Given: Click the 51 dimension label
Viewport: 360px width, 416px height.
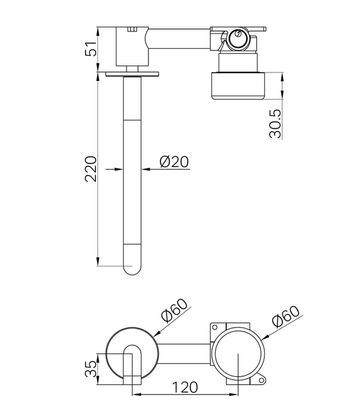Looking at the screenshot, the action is coord(91,49).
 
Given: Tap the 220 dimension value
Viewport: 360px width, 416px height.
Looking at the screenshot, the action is coord(91,169).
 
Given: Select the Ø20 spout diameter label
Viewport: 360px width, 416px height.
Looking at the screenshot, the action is coord(174,162).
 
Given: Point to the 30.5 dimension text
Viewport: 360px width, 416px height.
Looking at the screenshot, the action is coord(275,124).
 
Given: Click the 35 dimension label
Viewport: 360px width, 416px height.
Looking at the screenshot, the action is coord(91,369).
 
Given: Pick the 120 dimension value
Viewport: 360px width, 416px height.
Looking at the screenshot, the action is coord(185,387).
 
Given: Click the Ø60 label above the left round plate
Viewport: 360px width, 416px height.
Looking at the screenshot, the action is coord(174,310).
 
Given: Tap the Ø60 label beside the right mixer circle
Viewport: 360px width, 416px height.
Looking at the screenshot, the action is coord(286,316).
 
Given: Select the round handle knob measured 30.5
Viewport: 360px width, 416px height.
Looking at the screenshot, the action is coord(238,86).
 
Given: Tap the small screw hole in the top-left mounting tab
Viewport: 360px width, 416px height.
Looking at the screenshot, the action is coord(215,327).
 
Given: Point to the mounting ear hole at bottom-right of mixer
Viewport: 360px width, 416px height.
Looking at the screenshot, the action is coord(261,381).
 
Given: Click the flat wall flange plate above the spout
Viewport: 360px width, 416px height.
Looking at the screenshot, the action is coord(132,74).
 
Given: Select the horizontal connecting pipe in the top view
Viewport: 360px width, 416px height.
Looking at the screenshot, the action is coord(179,39).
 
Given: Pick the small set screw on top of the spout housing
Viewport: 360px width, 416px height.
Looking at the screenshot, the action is coord(132,29).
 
